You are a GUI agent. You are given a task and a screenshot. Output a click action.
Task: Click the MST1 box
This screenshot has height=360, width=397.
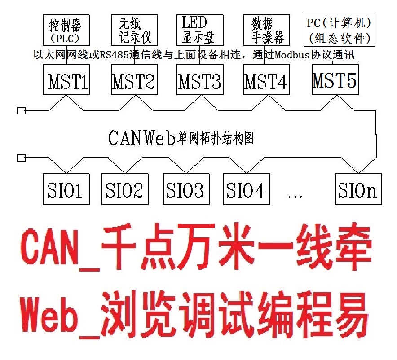pos(66,79)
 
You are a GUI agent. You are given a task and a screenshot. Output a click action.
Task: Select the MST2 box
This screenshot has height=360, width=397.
pos(133,79)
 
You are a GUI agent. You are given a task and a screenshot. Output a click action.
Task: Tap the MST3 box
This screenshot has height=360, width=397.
pos(199,79)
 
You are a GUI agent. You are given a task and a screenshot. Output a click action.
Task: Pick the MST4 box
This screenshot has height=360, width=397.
pos(266,79)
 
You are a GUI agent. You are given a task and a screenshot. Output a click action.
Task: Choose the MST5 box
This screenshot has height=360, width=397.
pos(335,79)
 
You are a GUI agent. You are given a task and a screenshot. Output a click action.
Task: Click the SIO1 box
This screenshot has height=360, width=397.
pos(65,189)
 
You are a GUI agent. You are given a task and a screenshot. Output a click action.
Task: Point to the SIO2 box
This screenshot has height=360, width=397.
pos(124,189)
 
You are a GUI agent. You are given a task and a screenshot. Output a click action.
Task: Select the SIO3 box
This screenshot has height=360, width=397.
pos(185,189)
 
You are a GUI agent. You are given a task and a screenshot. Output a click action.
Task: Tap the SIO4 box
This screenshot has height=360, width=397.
pos(245,189)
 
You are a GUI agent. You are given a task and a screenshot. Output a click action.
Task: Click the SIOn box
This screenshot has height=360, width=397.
pos(358,189)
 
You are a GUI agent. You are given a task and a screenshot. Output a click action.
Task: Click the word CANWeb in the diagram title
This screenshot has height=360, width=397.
pos(141,138)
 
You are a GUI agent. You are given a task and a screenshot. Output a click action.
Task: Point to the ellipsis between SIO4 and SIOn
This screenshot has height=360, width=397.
pos(294,194)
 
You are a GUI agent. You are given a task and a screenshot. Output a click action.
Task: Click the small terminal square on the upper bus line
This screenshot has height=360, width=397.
pos(21,111)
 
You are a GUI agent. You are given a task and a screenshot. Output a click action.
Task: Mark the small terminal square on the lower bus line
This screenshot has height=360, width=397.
pos(21,158)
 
